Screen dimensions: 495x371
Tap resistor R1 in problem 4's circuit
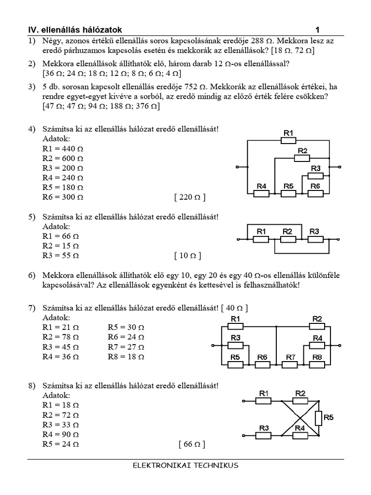(x=288, y=140)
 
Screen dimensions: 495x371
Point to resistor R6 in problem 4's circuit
(x=315, y=193)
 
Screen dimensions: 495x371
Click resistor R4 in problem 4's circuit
(x=262, y=193)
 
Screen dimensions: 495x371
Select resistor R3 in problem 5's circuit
(x=314, y=239)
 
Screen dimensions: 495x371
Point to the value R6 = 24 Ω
(x=126, y=336)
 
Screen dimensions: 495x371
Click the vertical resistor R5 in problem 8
(x=318, y=417)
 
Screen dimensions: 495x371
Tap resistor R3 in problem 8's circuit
(x=263, y=435)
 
